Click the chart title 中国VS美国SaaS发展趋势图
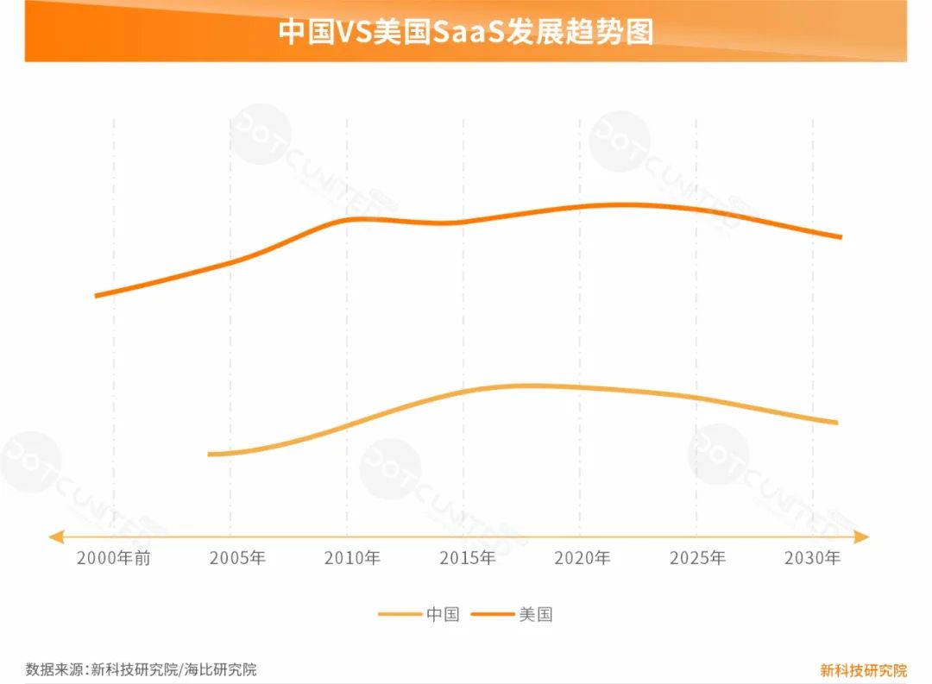[466, 32]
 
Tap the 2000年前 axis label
[113, 558]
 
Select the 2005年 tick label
[237, 558]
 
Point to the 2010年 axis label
[352, 558]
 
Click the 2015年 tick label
[467, 558]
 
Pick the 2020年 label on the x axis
[582, 558]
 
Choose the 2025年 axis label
[697, 558]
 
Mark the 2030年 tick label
[812, 558]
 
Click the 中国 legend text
[443, 615]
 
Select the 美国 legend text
[536, 615]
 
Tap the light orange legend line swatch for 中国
[400, 615]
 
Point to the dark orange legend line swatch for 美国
[493, 615]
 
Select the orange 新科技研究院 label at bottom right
[863, 670]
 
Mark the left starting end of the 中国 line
[210, 454]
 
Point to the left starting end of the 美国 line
[96, 296]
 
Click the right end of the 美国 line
[841, 237]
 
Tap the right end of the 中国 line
[836, 423]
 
